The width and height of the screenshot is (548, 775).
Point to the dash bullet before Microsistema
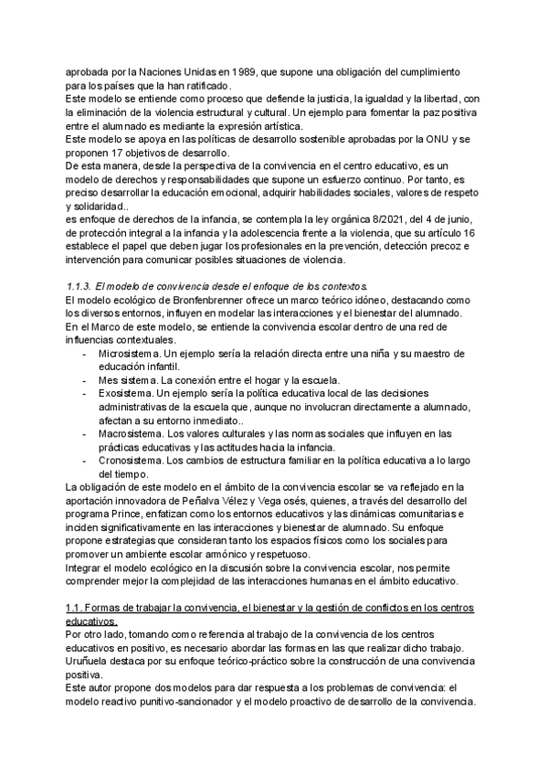[x=84, y=354]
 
